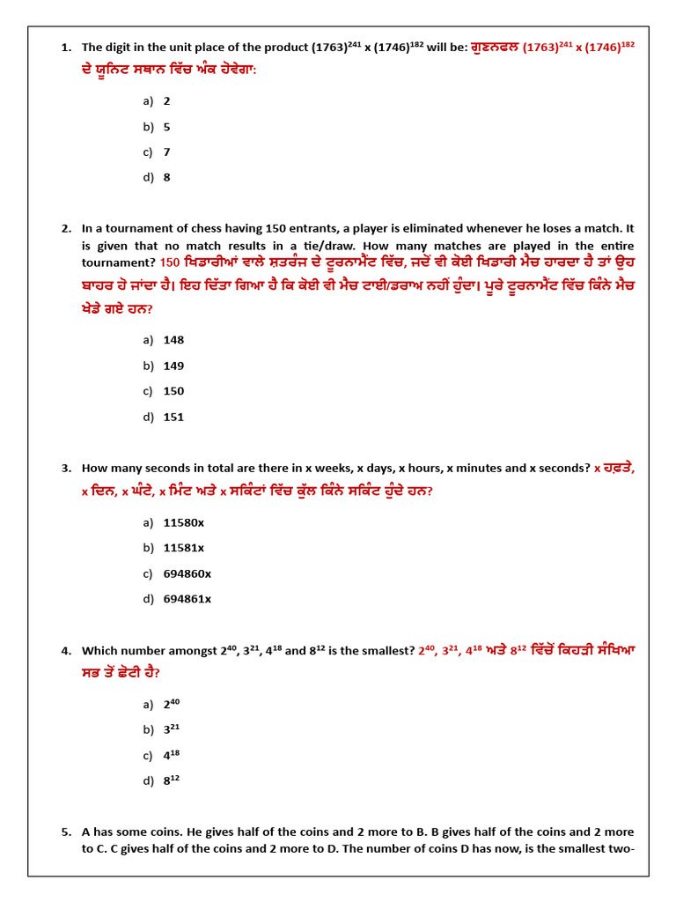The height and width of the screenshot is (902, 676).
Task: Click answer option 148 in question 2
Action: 173,340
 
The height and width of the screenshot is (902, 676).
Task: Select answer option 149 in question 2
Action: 173,366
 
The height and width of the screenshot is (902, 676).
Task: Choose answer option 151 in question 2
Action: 173,417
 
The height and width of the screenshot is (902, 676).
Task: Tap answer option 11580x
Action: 183,522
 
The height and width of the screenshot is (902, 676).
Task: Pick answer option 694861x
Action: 187,599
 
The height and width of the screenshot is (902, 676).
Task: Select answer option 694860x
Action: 187,573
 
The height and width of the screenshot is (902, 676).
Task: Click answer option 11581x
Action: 183,548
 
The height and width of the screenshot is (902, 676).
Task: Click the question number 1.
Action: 66,48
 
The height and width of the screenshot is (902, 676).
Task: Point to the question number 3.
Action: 66,468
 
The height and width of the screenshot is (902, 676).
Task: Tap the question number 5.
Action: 66,832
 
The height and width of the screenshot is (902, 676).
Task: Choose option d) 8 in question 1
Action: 166,177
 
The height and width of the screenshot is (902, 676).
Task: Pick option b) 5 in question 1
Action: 166,126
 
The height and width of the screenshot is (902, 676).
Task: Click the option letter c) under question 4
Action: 148,755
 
